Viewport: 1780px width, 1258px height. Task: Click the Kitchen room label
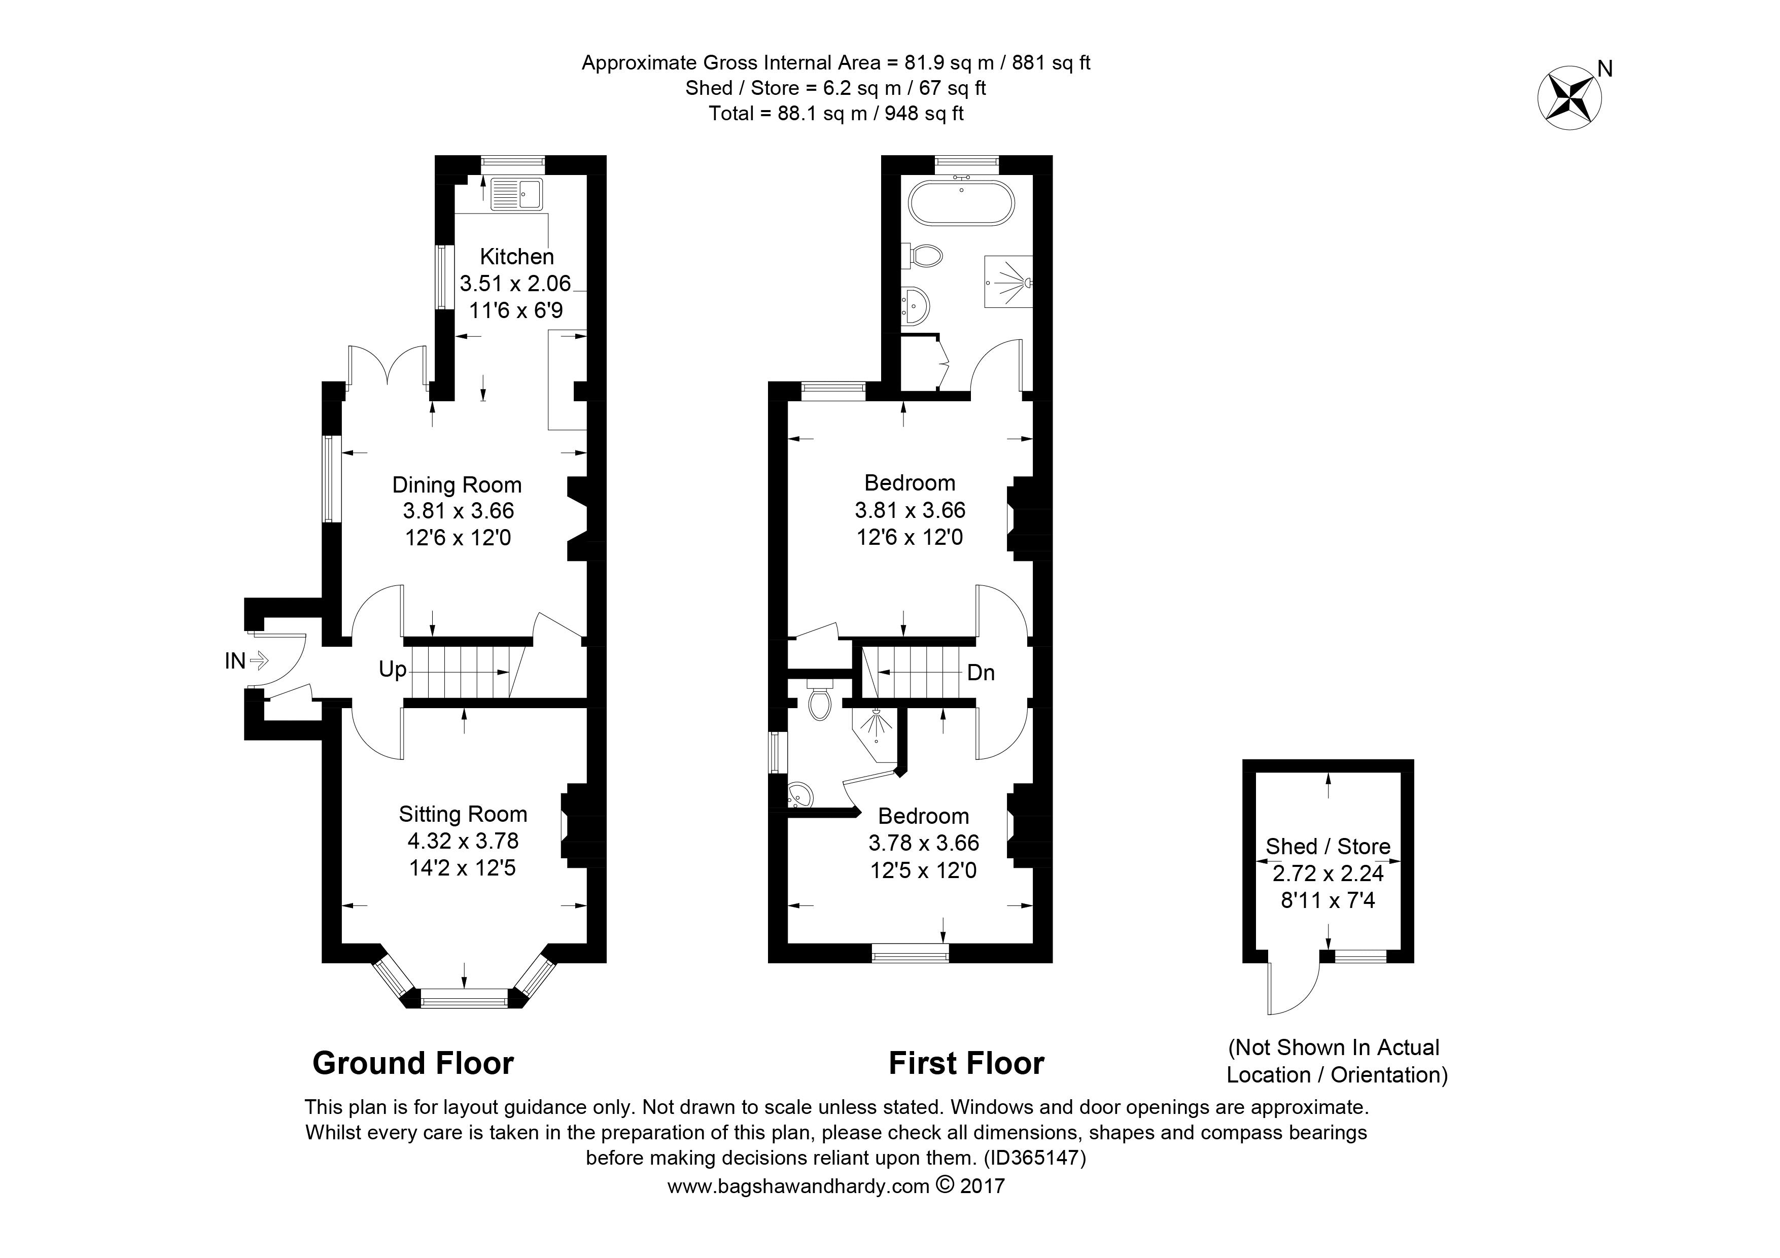(517, 257)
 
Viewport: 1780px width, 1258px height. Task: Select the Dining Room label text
(457, 485)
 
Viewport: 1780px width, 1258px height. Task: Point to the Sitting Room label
(463, 814)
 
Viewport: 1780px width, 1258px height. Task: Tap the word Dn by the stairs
(981, 673)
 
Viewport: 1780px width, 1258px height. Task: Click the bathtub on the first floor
(961, 203)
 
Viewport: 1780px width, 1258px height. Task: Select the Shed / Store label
(1328, 847)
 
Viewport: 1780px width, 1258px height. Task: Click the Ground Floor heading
(413, 1063)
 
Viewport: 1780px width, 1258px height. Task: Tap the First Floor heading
(966, 1063)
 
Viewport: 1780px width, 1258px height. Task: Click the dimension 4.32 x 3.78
(463, 841)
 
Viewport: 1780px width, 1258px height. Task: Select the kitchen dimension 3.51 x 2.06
(515, 284)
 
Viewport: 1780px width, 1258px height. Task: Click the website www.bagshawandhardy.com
(798, 1186)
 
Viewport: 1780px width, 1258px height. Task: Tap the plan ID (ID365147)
(1034, 1158)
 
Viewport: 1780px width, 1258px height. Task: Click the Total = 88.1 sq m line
(836, 114)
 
